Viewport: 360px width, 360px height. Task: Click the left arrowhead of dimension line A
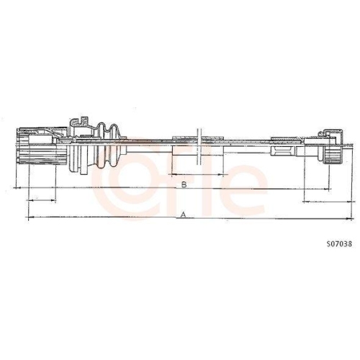pyautogui.click(x=27, y=217)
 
